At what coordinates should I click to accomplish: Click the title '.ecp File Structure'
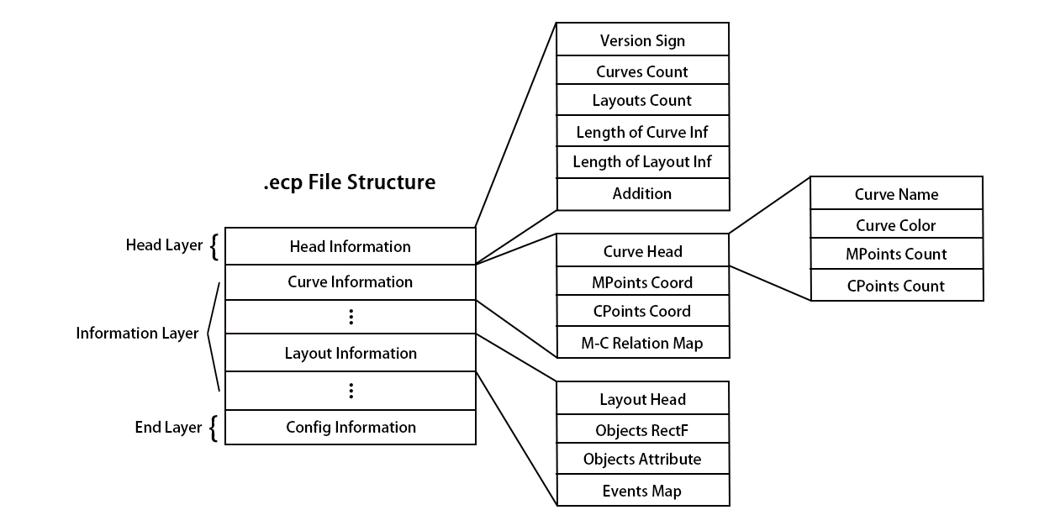point(350,181)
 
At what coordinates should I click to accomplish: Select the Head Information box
point(350,246)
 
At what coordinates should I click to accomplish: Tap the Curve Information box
point(350,281)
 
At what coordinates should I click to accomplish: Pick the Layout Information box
point(350,353)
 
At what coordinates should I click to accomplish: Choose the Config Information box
point(350,427)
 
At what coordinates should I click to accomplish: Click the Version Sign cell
point(642,40)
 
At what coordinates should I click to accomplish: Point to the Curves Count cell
point(642,71)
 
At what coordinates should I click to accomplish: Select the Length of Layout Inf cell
point(642,161)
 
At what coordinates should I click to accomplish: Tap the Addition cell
point(642,193)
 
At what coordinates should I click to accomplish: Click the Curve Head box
point(642,251)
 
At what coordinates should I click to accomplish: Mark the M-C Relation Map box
point(642,343)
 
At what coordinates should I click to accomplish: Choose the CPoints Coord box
point(642,311)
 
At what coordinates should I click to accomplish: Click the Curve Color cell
point(896,225)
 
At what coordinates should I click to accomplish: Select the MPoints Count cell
point(896,254)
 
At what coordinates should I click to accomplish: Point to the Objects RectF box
point(642,431)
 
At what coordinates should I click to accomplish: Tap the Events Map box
point(642,491)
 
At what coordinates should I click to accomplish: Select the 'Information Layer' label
point(137,334)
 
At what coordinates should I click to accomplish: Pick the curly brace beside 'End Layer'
point(214,428)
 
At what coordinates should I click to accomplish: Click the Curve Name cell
point(896,194)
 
